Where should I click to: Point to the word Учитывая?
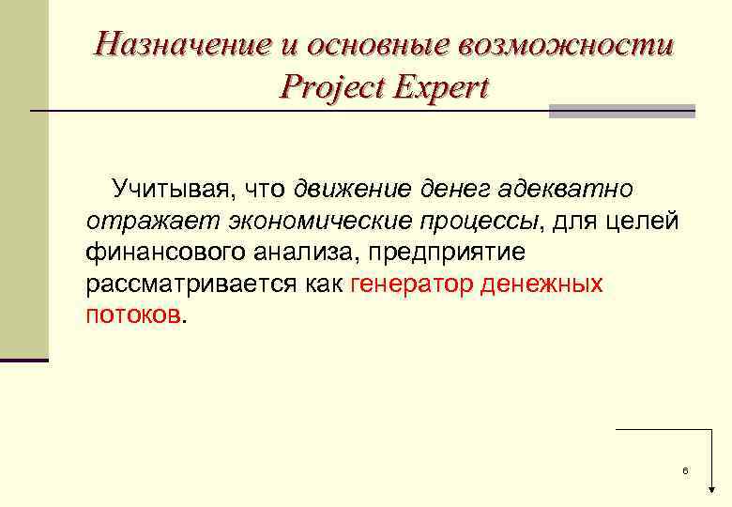(x=175, y=190)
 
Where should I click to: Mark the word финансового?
(x=164, y=253)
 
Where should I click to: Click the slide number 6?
(x=685, y=469)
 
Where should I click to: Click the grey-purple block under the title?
(x=621, y=111)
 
